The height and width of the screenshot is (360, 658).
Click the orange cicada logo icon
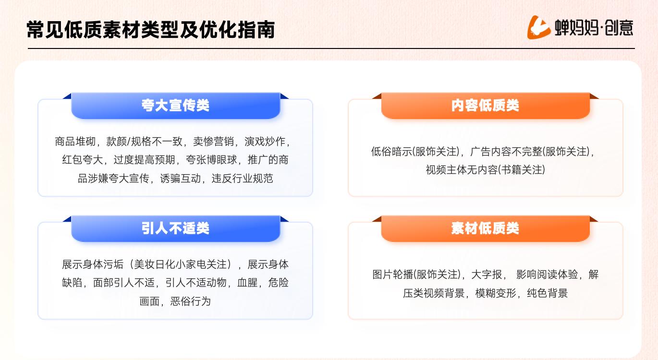coord(538,27)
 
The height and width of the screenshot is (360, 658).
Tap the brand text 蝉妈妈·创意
coord(594,28)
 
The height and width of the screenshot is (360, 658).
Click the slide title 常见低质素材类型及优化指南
coord(151,30)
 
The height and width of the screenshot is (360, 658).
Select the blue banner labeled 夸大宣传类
coord(176,106)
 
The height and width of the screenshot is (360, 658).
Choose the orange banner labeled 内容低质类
coord(485,106)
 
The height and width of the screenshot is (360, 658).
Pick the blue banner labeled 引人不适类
coord(176,228)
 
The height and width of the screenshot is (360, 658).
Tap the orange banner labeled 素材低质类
coord(485,228)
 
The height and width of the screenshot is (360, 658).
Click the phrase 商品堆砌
coord(75,142)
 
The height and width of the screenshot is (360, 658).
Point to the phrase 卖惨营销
coord(213,142)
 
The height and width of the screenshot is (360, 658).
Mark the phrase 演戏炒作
coord(265,142)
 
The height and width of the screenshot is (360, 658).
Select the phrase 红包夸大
coord(83,160)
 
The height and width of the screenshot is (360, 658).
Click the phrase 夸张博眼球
coord(211,160)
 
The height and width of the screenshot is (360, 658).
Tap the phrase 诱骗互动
coord(181,179)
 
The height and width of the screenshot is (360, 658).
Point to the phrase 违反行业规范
coord(243,179)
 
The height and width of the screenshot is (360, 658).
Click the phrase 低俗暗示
coord(391,152)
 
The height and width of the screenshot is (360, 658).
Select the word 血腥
coord(247,283)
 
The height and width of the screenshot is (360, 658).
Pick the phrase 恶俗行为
coord(190,301)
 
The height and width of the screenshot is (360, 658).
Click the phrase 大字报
coord(487,275)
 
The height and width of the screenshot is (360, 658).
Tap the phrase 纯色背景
coord(547,293)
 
